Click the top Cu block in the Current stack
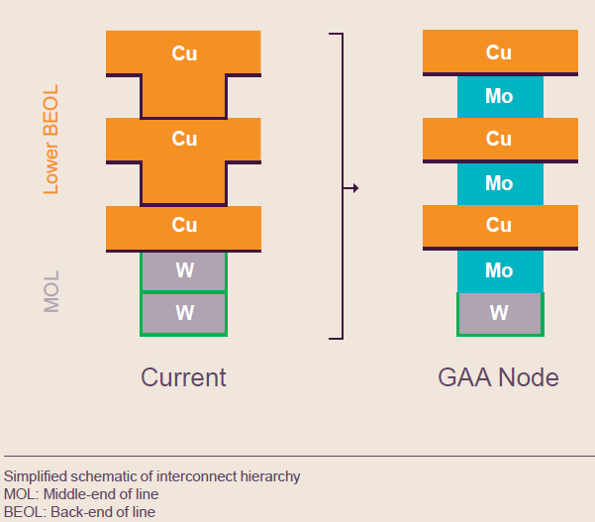184,53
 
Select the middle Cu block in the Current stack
184,139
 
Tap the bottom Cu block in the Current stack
184,226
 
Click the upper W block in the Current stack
184,270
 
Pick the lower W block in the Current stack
184,313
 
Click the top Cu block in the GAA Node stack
499,53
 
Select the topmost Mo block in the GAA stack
499,97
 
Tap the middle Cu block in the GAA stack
499,140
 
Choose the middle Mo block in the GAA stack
499,183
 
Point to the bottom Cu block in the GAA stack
499,226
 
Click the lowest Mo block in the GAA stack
499,270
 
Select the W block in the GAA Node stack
499,313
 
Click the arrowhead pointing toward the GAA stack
354,187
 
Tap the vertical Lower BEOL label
51,139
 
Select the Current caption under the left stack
184,377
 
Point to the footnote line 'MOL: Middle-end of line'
81,493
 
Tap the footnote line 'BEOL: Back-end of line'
79,511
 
